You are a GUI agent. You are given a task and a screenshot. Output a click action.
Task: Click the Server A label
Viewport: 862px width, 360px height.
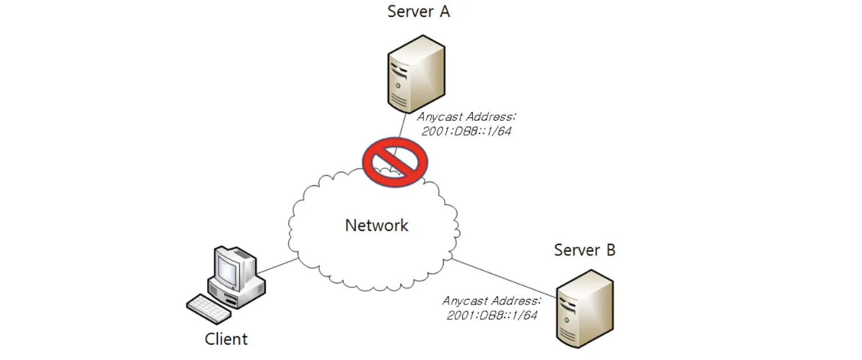pos(418,12)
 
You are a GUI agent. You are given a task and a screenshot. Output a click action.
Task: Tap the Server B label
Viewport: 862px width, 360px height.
pos(584,250)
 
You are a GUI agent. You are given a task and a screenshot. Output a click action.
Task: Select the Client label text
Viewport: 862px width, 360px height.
pos(226,339)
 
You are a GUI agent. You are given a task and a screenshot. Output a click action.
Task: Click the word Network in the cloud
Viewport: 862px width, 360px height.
pos(376,225)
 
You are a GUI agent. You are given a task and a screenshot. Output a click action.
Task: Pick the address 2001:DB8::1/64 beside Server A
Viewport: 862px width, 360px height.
pos(466,132)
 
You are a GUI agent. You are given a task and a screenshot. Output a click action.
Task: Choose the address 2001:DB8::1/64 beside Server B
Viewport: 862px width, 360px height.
pos(491,315)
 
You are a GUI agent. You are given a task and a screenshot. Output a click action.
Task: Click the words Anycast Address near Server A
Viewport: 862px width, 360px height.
pos(467,118)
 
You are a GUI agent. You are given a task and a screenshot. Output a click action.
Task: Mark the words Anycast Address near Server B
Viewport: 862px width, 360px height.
pos(491,301)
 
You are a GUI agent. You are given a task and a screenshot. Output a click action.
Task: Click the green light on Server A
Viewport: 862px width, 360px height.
pos(399,84)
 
